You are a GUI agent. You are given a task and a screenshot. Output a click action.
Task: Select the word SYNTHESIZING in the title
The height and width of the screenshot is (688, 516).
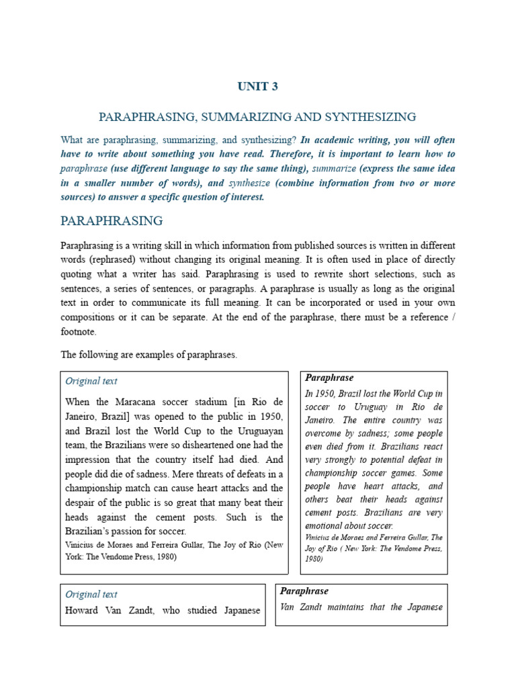coord(375,118)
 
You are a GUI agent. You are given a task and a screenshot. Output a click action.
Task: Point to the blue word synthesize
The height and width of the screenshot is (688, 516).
coord(249,183)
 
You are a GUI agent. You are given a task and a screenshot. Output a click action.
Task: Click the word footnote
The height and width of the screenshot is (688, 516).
coord(79,332)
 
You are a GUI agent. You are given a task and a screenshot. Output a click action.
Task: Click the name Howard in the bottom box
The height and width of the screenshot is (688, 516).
coord(82,611)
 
